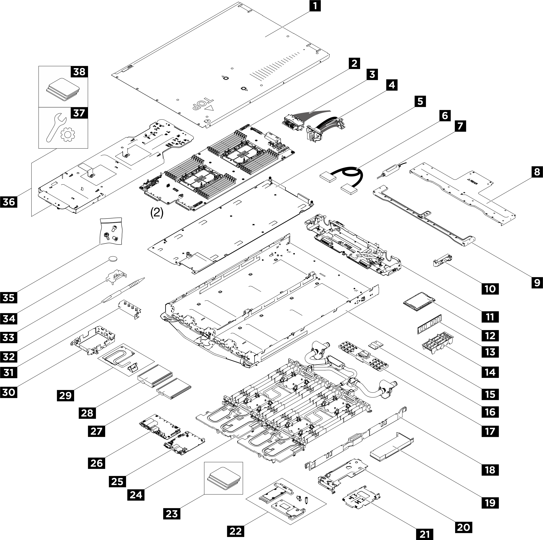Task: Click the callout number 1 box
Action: point(315,6)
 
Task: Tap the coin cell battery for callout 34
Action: point(114,259)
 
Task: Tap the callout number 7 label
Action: point(460,126)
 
